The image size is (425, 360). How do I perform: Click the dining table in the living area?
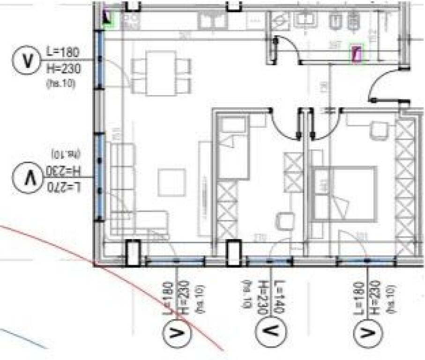[161, 73]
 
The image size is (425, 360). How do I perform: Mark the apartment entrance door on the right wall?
[387, 87]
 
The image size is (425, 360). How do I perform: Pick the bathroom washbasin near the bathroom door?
[280, 21]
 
